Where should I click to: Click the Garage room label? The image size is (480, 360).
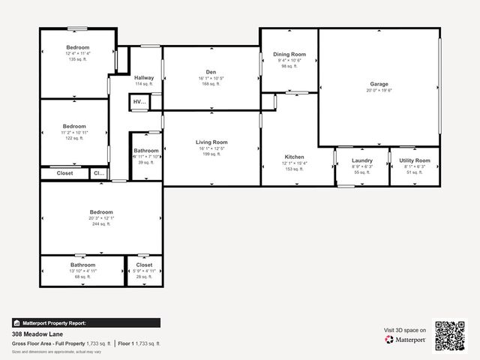coord(379,84)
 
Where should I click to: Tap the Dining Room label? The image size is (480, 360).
coord(289,55)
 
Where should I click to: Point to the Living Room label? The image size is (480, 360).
coord(211,142)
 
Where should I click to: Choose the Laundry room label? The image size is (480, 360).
coord(362,160)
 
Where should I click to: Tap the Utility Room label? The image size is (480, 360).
coord(414,160)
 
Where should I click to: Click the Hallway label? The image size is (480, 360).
coord(144,78)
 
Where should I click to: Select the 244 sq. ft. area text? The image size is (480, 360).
coord(101,223)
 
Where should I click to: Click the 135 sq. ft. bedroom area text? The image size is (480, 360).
coord(77,59)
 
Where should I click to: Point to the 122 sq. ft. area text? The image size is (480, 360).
coord(74,138)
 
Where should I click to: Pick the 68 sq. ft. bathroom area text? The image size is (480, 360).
coord(83,277)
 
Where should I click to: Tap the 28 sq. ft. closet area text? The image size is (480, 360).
coord(144,277)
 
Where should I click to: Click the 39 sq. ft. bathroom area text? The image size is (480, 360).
coord(145,162)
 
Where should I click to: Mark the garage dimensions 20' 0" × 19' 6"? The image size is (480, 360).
coord(379,90)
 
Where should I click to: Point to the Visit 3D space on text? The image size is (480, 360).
coord(405,330)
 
